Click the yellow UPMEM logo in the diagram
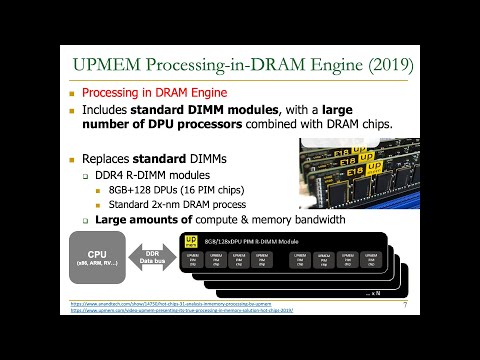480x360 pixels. point(190,241)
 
